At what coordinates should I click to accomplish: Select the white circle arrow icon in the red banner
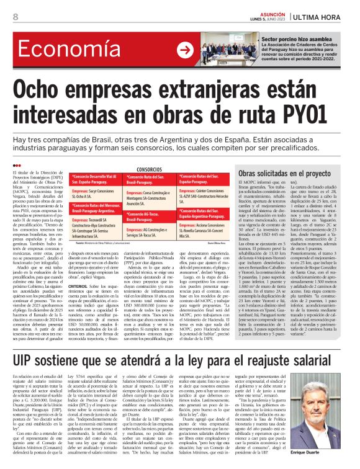[x=184, y=50]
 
